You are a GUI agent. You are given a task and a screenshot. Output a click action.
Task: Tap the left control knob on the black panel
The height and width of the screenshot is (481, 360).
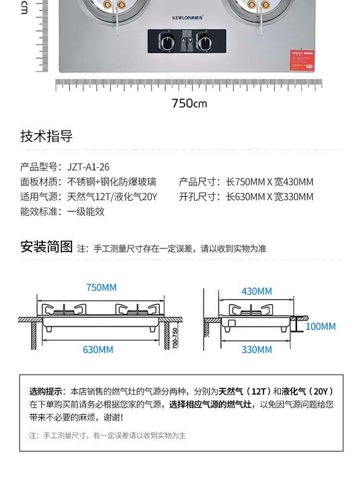[x=169, y=42]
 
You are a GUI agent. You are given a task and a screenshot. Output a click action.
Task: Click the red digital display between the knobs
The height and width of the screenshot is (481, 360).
[x=187, y=35]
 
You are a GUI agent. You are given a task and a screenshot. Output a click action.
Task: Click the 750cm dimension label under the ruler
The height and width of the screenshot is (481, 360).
[x=189, y=103]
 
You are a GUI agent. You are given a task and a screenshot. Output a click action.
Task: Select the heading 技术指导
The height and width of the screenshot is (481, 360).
[x=46, y=136]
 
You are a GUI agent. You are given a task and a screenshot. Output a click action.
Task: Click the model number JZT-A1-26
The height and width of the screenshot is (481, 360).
[x=88, y=167]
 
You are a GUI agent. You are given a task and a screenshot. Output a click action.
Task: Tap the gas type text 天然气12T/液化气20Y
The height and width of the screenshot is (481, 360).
[x=112, y=197]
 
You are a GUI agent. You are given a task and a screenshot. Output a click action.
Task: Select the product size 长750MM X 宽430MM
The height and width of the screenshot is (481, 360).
[x=270, y=182]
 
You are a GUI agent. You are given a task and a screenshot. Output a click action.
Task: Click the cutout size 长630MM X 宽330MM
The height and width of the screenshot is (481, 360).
[x=270, y=197]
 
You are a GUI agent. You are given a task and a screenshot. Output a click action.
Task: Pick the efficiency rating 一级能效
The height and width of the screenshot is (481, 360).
[x=86, y=212]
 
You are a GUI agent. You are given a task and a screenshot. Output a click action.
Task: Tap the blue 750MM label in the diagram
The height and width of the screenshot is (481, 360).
[x=101, y=288]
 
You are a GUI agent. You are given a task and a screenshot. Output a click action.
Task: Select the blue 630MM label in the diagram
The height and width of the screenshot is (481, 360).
[x=98, y=349]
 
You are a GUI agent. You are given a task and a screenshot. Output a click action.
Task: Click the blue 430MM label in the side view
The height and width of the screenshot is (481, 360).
[x=256, y=291]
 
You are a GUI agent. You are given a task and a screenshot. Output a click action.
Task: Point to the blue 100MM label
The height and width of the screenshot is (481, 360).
[x=320, y=326]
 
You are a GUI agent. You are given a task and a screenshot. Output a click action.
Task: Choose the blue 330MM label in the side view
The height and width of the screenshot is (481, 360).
[x=256, y=349]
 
